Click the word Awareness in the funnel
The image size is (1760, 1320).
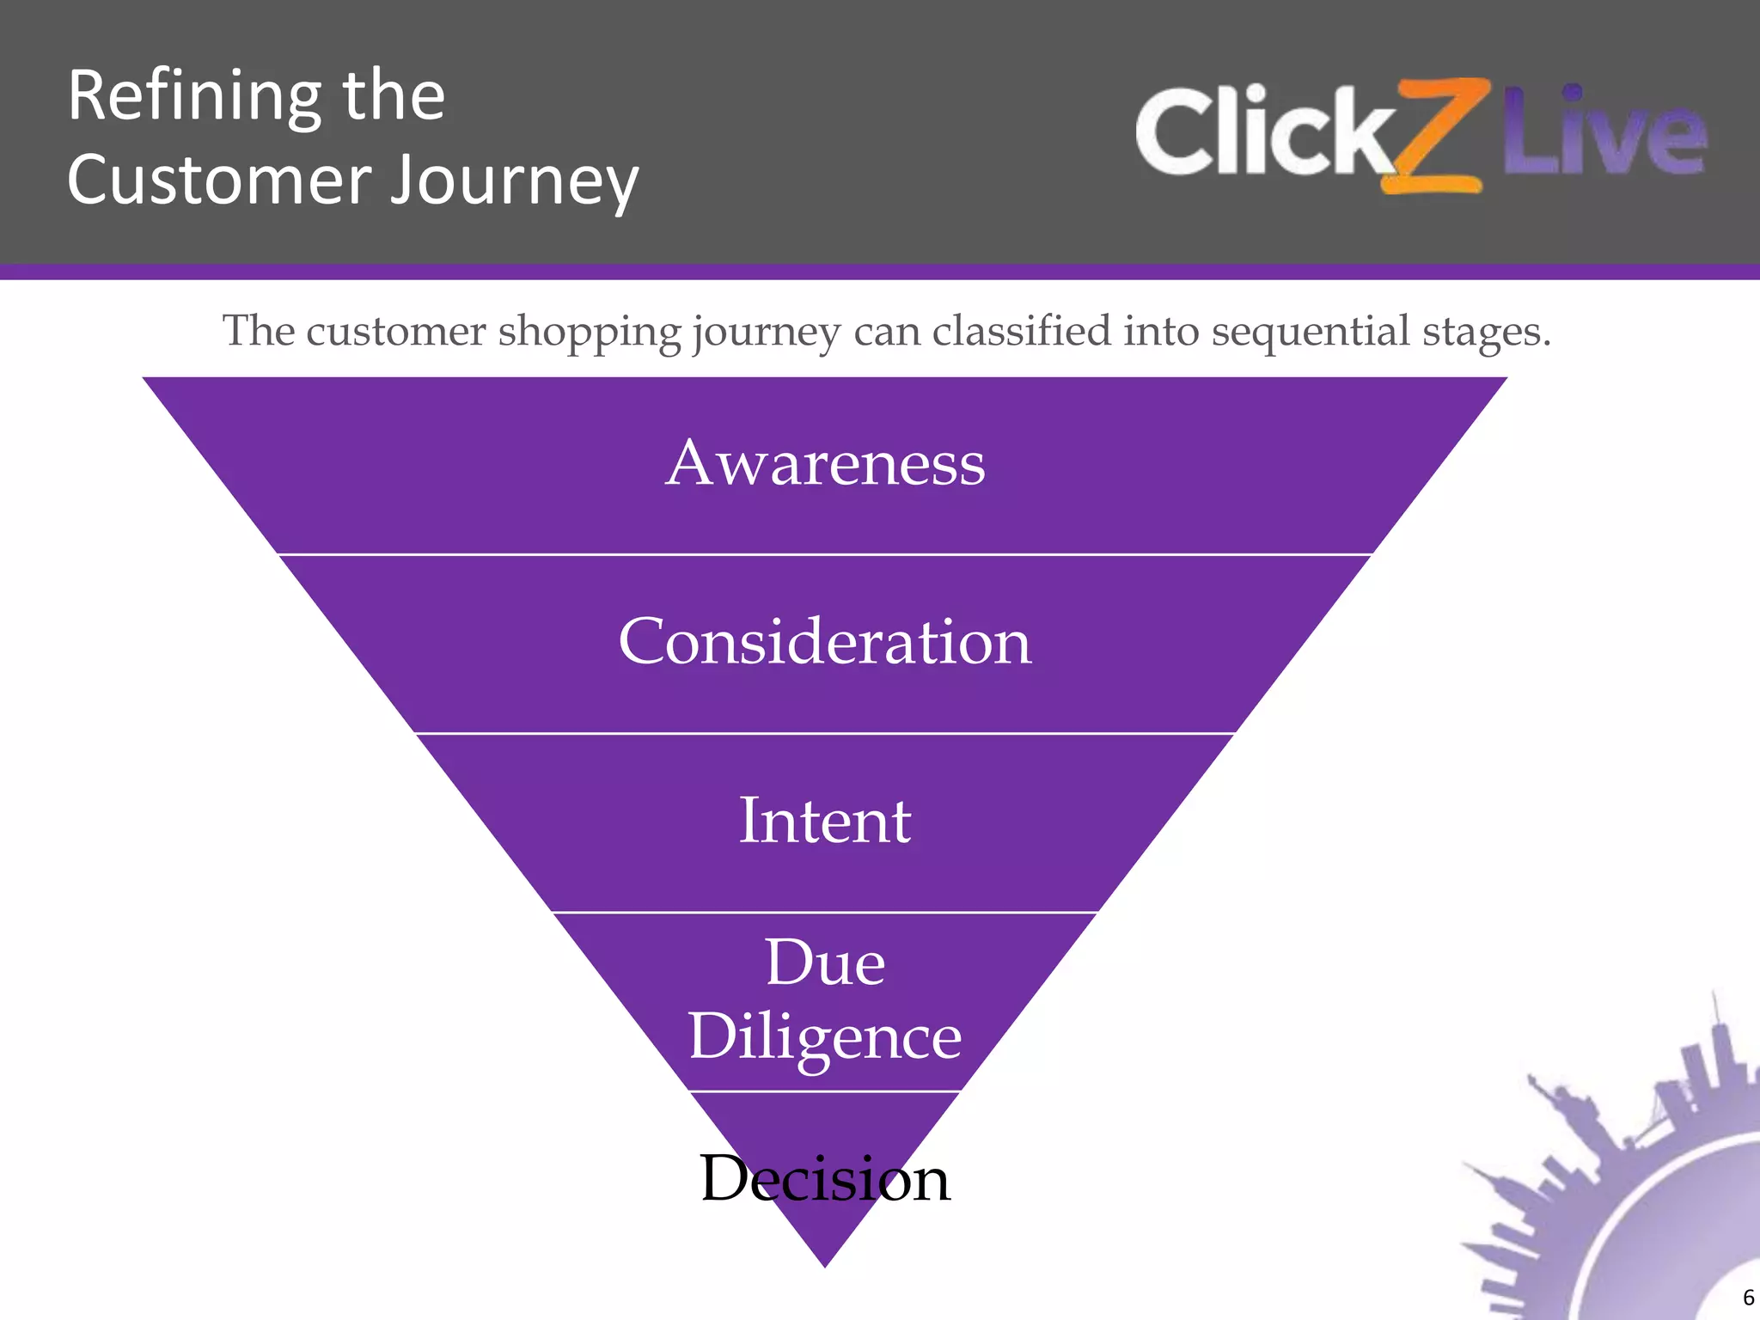click(825, 464)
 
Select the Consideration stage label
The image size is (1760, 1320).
click(825, 642)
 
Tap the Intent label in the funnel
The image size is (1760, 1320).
click(825, 821)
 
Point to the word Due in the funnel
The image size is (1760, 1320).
click(825, 962)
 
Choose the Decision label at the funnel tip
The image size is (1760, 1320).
click(825, 1178)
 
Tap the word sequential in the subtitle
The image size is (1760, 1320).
click(1311, 333)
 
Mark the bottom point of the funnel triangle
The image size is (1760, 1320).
click(825, 1265)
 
